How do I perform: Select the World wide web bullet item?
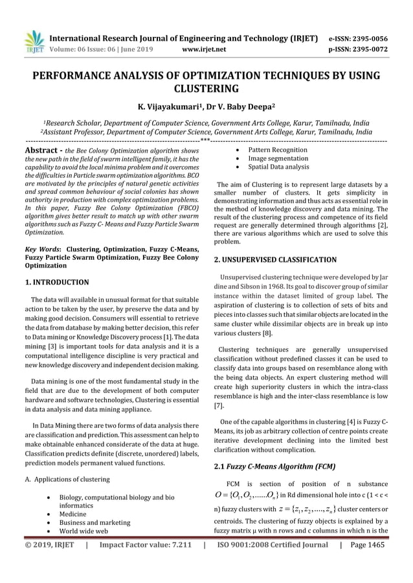[82, 531]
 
